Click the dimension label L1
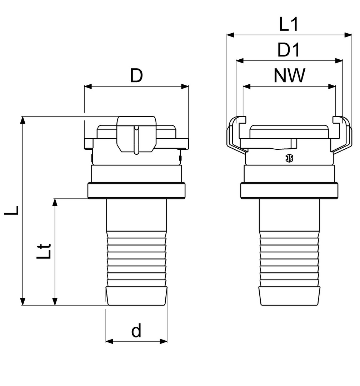click(x=289, y=24)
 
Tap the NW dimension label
click(x=289, y=75)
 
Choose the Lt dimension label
click(x=44, y=251)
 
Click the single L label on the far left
click(x=11, y=211)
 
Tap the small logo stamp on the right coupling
click(x=289, y=158)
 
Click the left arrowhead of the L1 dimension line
click(x=230, y=35)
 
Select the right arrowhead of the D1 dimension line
click(x=339, y=60)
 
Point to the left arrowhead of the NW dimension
click(x=246, y=86)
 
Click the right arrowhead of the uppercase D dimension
click(x=185, y=86)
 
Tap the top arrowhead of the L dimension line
click(x=22, y=120)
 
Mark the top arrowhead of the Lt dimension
click(x=55, y=203)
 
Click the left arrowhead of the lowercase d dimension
click(x=110, y=341)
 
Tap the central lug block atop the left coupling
click(x=136, y=134)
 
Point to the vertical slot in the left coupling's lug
click(x=136, y=140)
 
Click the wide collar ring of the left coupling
click(x=136, y=190)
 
